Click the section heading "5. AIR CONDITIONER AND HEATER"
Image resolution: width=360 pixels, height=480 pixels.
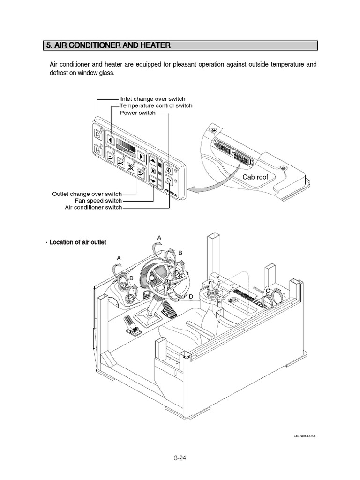tap(107, 45)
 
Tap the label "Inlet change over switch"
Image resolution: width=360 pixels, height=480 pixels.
tap(153, 99)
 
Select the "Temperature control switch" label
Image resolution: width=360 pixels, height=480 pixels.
tap(156, 105)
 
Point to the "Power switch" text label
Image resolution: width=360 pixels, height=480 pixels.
tap(137, 113)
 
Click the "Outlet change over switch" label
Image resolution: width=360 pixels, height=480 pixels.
tap(87, 194)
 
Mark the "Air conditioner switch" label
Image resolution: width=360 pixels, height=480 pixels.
tap(93, 207)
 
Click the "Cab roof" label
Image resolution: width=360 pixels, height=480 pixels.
tap(255, 177)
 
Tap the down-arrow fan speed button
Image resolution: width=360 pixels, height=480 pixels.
tap(153, 179)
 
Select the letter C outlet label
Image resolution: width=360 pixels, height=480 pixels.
tap(267, 291)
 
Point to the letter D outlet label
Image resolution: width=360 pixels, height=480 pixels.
tap(191, 297)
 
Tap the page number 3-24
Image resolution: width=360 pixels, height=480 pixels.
tap(180, 459)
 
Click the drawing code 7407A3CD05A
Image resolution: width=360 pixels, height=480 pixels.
tap(305, 436)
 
